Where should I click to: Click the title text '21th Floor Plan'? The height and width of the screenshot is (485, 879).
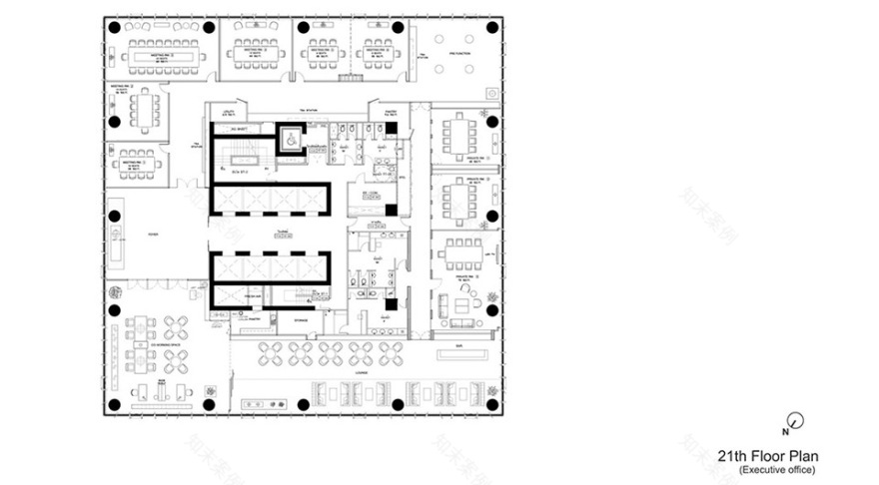[x=766, y=455]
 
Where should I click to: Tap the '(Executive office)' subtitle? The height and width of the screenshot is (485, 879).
[x=777, y=469]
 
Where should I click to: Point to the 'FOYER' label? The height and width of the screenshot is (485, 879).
[x=153, y=236]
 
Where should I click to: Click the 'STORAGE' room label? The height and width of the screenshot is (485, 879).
[x=301, y=320]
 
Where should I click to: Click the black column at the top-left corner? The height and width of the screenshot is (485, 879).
[x=115, y=27]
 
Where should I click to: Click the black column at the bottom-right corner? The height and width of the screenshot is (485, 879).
[x=491, y=404]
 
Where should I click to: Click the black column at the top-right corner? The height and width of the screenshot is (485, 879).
[x=491, y=27]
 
